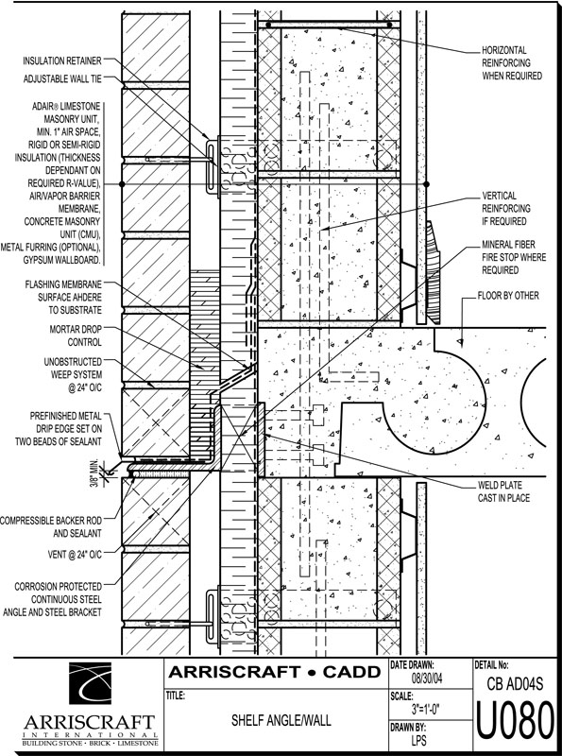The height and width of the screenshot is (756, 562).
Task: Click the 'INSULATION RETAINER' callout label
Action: coord(62,60)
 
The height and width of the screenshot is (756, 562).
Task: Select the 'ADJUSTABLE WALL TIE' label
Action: coord(62,78)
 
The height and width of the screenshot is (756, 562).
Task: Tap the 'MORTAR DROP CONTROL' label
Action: coord(76,335)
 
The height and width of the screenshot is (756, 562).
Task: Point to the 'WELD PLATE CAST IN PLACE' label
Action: coord(503,491)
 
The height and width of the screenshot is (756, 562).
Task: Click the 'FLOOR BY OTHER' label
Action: coord(508,295)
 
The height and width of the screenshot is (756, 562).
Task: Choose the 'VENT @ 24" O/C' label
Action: coord(75,555)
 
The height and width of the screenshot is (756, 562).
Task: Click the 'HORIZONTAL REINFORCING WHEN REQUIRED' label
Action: coord(512,62)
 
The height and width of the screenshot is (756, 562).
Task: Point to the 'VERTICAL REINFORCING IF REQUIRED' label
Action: coord(506,208)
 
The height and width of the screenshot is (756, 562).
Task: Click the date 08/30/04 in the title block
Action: coord(427,679)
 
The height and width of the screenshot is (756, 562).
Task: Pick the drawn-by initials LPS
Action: coord(418,740)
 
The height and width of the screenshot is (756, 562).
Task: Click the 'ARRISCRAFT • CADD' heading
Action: coord(274,672)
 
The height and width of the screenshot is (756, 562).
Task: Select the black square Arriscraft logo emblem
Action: coord(90,683)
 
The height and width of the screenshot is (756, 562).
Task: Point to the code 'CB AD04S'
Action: coord(516,683)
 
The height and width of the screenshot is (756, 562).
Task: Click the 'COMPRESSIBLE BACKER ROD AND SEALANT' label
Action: coord(51,527)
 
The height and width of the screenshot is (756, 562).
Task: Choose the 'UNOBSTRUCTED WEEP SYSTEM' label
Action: coord(74,374)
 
